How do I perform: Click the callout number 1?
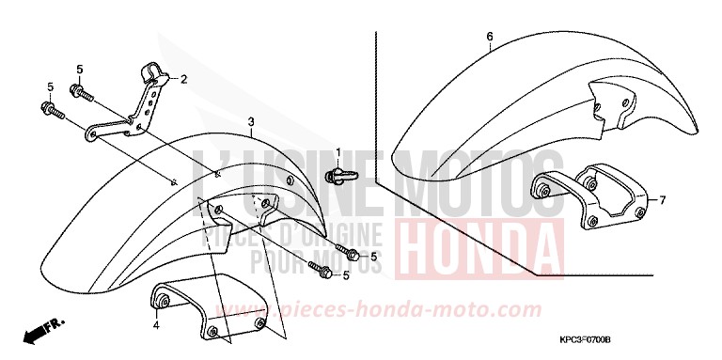coord(339,152)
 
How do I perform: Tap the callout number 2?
coord(184,79)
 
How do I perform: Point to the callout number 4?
coord(157,326)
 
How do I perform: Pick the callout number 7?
coord(662,200)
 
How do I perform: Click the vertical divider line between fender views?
coord(376,103)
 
